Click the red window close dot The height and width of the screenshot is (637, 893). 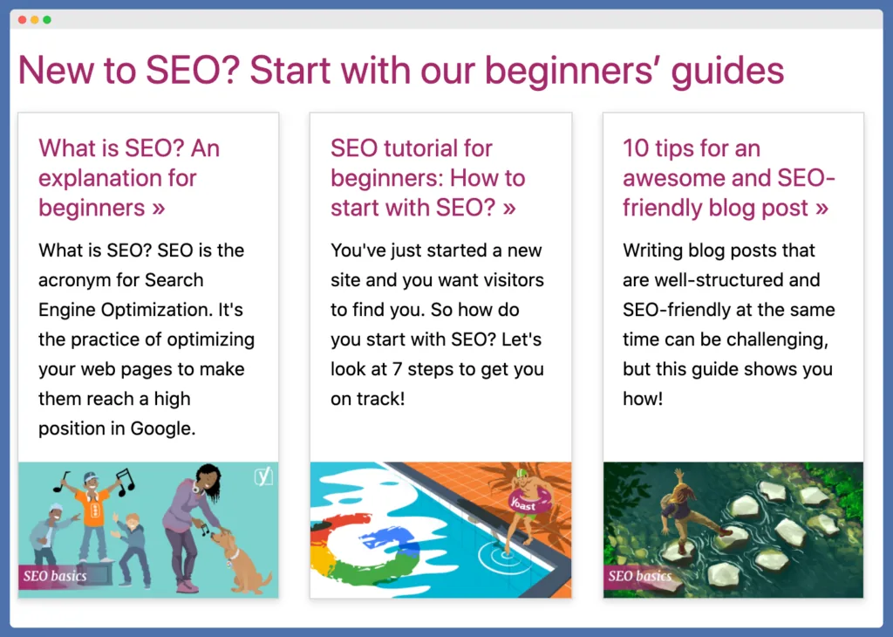[22, 19]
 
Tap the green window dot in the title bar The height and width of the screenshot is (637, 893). [46, 19]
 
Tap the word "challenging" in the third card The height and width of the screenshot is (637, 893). [780, 339]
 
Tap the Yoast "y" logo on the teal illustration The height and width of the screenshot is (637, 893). [262, 476]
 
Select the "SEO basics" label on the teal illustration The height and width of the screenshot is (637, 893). [55, 577]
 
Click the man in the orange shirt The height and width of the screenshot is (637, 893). [92, 515]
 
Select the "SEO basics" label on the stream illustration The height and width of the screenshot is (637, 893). [639, 576]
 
